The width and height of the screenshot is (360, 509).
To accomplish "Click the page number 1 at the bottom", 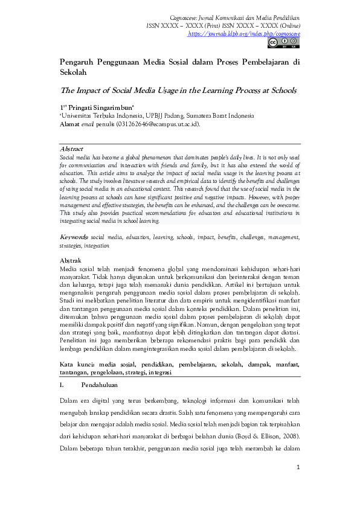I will tap(298, 468).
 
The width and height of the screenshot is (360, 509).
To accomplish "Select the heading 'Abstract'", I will tap(71, 149).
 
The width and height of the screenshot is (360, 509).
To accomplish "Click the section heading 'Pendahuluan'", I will tap(100, 384).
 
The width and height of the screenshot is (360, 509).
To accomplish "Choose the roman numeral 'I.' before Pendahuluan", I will tap(62, 384).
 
